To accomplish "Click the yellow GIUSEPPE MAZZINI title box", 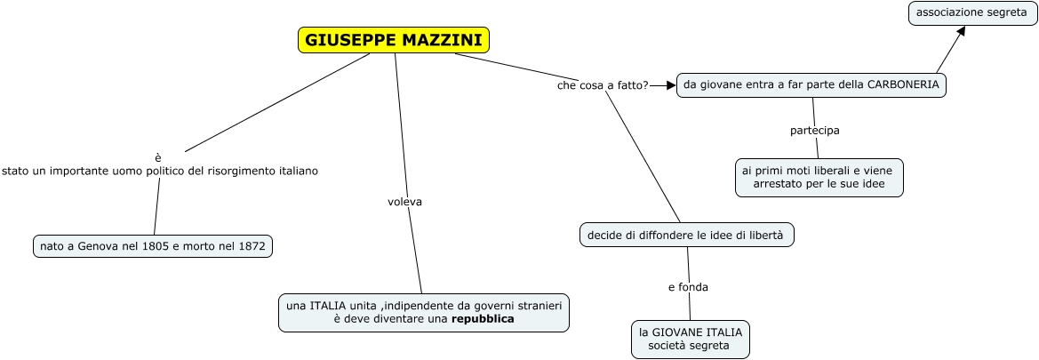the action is [x=394, y=40].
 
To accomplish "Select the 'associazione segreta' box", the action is [x=971, y=12].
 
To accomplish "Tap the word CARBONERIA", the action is [x=903, y=84].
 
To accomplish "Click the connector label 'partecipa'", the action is [x=814, y=131].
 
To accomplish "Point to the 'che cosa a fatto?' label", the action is [x=603, y=85].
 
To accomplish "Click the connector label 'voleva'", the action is [x=404, y=202].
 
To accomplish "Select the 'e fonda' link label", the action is [x=688, y=287].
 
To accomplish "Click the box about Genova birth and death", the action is [x=152, y=246].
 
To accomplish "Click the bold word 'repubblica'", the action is [x=483, y=318].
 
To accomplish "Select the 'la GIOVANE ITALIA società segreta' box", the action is [x=691, y=339].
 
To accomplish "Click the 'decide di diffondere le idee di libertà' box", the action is [x=686, y=235].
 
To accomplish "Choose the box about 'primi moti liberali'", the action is [x=819, y=178].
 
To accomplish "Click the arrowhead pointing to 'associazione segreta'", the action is [x=960, y=31].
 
